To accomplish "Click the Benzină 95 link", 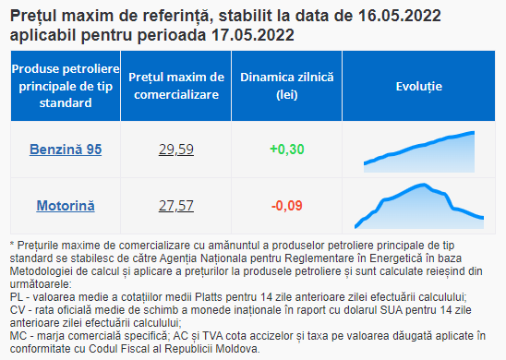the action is [66, 150].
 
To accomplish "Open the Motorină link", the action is [66, 206].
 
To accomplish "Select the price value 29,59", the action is [176, 150].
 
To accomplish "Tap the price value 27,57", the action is [176, 206].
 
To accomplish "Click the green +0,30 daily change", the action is [287, 150].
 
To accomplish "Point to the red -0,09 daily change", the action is [287, 206].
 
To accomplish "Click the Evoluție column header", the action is [419, 87].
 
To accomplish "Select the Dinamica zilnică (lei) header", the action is [287, 86].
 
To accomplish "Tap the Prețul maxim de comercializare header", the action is [176, 86].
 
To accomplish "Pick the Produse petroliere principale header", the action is [66, 86].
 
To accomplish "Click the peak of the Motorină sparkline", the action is [424, 185].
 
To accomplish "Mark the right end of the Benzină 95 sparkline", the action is [474, 132].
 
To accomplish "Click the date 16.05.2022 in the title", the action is [400, 16].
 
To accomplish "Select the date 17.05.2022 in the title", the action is [253, 35].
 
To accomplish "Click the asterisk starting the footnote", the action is [12, 245].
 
